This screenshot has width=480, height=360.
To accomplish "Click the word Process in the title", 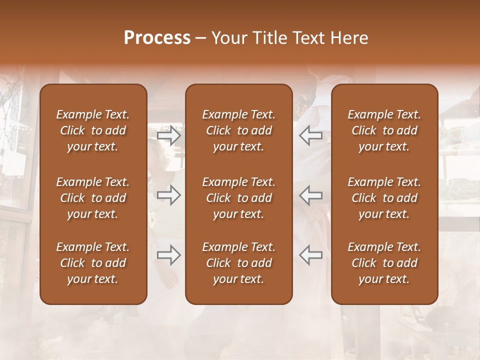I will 157,38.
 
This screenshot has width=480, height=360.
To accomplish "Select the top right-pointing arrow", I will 169,135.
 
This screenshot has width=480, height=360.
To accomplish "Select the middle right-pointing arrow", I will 169,195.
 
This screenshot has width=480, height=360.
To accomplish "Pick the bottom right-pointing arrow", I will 169,255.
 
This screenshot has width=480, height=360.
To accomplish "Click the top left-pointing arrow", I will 310,135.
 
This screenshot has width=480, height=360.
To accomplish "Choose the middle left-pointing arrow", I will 310,195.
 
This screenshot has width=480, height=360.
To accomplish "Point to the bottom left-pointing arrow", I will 310,255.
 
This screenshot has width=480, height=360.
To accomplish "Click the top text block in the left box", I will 93,130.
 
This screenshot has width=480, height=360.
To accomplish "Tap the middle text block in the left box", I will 93,198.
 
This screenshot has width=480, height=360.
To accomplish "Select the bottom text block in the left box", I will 93,263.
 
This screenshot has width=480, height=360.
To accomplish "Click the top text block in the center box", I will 239,130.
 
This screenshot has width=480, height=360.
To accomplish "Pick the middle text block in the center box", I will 239,198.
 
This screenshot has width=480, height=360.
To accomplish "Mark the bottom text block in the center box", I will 239,263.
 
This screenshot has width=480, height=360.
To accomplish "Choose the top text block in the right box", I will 384,130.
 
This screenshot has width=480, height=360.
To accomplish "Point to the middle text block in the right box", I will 384,198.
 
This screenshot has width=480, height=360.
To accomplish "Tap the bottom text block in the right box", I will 384,263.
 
